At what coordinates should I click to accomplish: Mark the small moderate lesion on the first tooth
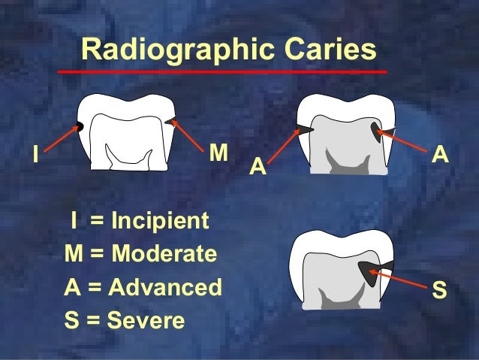[x=168, y=120]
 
